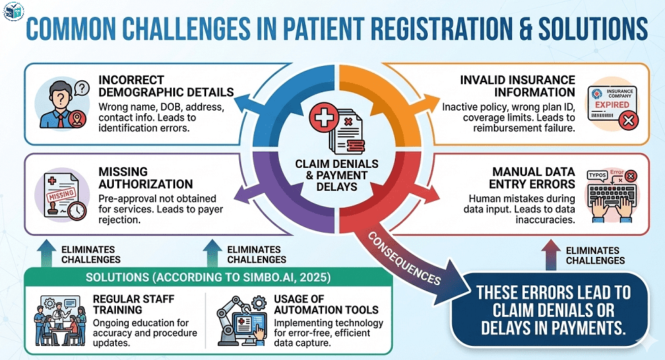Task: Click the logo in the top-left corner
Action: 13,11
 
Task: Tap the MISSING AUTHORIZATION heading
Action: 146,178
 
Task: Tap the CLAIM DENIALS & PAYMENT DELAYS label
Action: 336,174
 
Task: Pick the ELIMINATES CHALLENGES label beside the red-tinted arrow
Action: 595,255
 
